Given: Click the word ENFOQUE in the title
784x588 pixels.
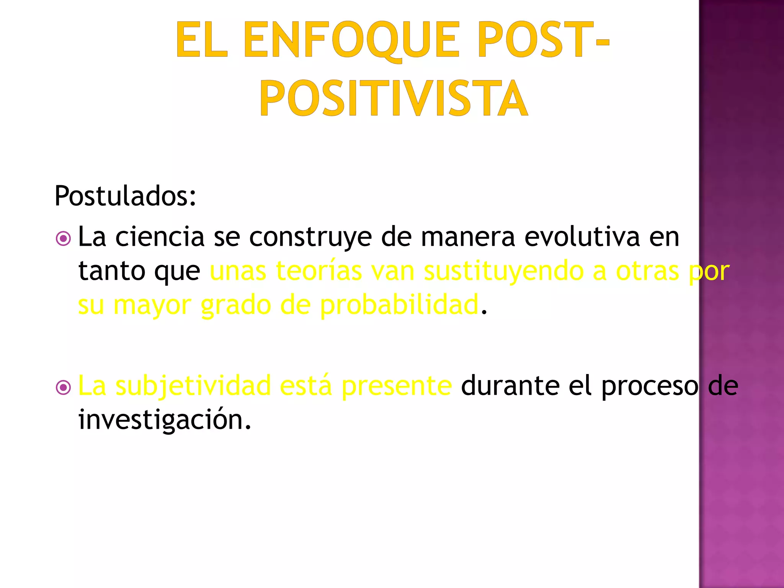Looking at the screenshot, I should [x=351, y=40].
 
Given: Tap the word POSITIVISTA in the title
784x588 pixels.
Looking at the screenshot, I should [x=394, y=98].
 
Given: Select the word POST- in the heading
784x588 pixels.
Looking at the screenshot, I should [x=543, y=40].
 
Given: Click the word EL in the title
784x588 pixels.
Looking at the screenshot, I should [x=201, y=40].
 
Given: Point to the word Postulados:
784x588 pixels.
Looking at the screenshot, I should [x=125, y=196].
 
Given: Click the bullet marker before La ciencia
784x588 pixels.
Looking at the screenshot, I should [x=63, y=239].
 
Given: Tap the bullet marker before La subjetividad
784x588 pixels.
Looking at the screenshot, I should [x=63, y=388].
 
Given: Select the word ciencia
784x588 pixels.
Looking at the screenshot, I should [x=160, y=237].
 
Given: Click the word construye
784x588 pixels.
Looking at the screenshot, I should [x=310, y=238].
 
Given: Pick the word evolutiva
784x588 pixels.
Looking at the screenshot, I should [x=582, y=237].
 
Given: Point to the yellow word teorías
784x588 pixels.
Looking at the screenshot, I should [x=318, y=271].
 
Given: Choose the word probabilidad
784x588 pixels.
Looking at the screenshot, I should [x=399, y=305].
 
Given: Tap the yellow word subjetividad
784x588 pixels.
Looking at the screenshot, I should [x=193, y=386].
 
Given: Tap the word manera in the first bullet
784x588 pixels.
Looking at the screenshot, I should [x=468, y=238].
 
